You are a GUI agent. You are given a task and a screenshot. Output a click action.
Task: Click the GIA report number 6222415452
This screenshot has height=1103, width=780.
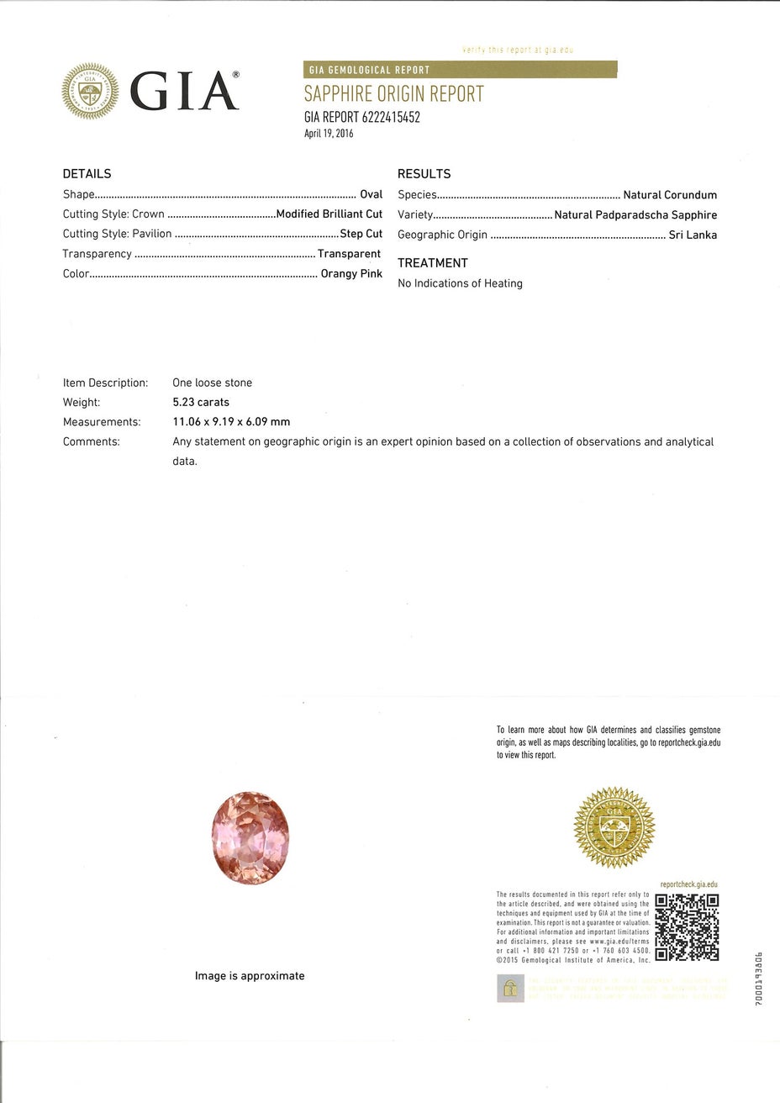361,118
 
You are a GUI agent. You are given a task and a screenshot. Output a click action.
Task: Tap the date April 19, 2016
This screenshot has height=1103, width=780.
329,134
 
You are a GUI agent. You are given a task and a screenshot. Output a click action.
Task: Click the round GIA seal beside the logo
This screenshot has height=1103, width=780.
90,91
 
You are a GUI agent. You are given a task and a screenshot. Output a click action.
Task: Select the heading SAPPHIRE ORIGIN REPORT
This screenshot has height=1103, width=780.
393,94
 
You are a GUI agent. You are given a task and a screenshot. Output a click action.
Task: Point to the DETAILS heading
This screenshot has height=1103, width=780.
87,174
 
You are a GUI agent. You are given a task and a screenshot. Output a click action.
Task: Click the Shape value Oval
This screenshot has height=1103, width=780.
371,194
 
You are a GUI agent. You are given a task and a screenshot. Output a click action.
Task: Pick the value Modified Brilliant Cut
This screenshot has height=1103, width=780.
329,214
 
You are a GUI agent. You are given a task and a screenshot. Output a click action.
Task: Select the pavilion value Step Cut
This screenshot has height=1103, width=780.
361,234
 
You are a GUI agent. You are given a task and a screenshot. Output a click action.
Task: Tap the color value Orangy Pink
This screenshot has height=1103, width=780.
350,274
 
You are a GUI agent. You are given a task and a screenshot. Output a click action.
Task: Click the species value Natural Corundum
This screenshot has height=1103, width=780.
669,195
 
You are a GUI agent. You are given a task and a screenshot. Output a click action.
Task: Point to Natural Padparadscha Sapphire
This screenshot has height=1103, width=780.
635,215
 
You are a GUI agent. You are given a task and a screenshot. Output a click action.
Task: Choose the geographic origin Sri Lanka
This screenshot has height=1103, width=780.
693,235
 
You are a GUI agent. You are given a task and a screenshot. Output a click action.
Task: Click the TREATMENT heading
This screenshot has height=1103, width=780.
433,263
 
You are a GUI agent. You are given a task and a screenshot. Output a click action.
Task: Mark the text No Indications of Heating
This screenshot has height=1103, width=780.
460,283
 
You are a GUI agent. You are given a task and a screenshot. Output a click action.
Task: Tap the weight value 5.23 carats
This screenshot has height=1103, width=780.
200,403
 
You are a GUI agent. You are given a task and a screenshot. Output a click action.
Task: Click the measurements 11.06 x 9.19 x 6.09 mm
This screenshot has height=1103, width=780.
231,422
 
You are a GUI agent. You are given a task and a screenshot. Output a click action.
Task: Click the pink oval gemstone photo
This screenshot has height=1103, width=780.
250,837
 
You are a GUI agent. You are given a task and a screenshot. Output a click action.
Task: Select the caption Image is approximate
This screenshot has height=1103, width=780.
250,976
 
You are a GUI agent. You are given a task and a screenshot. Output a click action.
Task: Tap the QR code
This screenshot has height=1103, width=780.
687,927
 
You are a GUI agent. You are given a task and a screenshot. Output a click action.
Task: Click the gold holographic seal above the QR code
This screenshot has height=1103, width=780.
614,827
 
